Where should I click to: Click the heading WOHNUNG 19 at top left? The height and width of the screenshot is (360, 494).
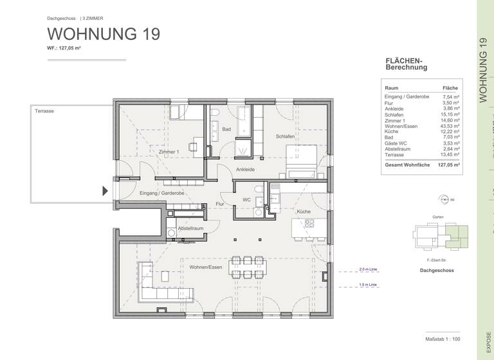(104, 34)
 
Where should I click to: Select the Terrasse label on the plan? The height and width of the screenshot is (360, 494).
(44, 111)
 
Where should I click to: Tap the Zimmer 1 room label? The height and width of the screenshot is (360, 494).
(169, 152)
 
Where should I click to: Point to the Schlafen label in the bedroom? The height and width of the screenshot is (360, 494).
(285, 136)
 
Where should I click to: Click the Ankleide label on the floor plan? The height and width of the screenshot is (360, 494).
(245, 170)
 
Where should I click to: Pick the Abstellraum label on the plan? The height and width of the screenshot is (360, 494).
(190, 228)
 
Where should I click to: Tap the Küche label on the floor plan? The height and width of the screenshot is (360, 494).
(304, 211)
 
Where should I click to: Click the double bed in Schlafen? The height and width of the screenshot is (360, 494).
(302, 161)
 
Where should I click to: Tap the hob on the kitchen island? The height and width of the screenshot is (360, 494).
(309, 224)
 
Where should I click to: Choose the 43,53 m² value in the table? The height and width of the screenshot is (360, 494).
(450, 126)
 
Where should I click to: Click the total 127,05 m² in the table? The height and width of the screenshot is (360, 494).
(449, 165)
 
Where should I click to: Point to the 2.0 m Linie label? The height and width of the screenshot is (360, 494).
(369, 269)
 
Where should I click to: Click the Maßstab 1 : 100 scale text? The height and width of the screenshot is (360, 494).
(443, 339)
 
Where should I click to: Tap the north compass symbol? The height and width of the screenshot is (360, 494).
(444, 200)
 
